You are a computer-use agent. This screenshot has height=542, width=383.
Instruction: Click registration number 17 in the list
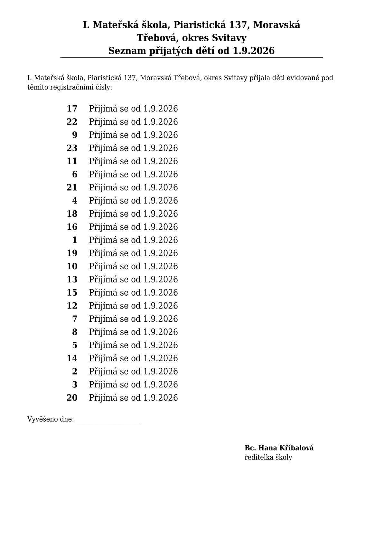(x=72, y=109)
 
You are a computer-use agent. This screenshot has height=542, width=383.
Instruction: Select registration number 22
(x=72, y=122)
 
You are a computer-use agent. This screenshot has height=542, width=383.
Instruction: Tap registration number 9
(x=75, y=135)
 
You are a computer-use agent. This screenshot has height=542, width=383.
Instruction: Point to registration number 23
(x=72, y=148)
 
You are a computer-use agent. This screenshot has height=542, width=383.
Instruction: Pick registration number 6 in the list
(x=75, y=175)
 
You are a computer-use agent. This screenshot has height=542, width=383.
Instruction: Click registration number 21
(x=72, y=188)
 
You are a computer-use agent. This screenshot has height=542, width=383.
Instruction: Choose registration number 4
(x=75, y=201)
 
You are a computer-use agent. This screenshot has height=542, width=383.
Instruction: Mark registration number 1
(x=75, y=240)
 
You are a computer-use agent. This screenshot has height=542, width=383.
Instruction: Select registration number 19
(x=72, y=253)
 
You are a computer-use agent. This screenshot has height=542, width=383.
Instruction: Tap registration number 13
(x=72, y=280)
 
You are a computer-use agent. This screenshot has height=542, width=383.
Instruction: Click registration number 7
(x=75, y=319)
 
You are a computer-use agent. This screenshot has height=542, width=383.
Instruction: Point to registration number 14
(x=72, y=358)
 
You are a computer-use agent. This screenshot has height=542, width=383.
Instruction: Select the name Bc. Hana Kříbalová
(x=279, y=448)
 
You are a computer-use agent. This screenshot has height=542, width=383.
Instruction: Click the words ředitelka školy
(x=268, y=458)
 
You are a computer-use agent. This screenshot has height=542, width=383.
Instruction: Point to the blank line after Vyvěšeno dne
(x=108, y=420)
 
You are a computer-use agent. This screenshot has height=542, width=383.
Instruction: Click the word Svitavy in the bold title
(x=229, y=38)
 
